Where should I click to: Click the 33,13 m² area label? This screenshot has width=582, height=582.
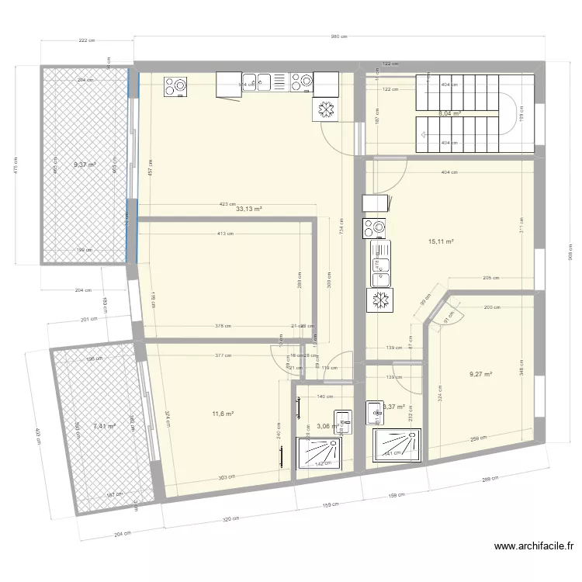(249, 210)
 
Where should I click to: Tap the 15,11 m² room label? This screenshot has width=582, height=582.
(440, 242)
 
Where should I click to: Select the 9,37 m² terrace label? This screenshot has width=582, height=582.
(85, 165)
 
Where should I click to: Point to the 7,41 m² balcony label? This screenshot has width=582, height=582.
(104, 426)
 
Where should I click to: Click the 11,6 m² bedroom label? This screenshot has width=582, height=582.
(223, 414)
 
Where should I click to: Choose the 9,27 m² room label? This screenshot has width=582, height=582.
(480, 375)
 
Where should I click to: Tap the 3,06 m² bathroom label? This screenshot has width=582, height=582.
(327, 426)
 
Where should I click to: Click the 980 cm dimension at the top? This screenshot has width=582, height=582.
(338, 36)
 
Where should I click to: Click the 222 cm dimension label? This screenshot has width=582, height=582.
(85, 40)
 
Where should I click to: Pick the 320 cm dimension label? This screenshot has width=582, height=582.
(230, 518)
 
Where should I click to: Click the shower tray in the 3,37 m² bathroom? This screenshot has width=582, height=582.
(398, 442)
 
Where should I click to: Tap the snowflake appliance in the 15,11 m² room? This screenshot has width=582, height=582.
(380, 300)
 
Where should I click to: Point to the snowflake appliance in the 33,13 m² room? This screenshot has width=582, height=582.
(325, 110)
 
